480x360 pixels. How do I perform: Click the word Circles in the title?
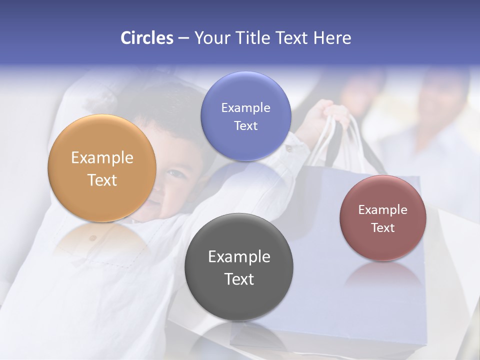click(x=146, y=38)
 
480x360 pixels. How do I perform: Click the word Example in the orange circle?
click(x=102, y=158)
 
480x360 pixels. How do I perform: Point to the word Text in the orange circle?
click(x=102, y=180)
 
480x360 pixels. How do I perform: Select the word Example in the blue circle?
click(x=245, y=108)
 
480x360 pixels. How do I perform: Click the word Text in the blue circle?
click(x=245, y=126)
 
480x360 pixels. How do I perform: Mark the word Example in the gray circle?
click(x=239, y=257)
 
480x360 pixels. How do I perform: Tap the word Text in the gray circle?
click(x=239, y=279)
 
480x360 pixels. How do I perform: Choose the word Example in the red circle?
click(x=383, y=210)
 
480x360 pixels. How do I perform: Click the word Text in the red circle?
click(x=383, y=228)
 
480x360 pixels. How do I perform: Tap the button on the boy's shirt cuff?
click(x=289, y=148)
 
